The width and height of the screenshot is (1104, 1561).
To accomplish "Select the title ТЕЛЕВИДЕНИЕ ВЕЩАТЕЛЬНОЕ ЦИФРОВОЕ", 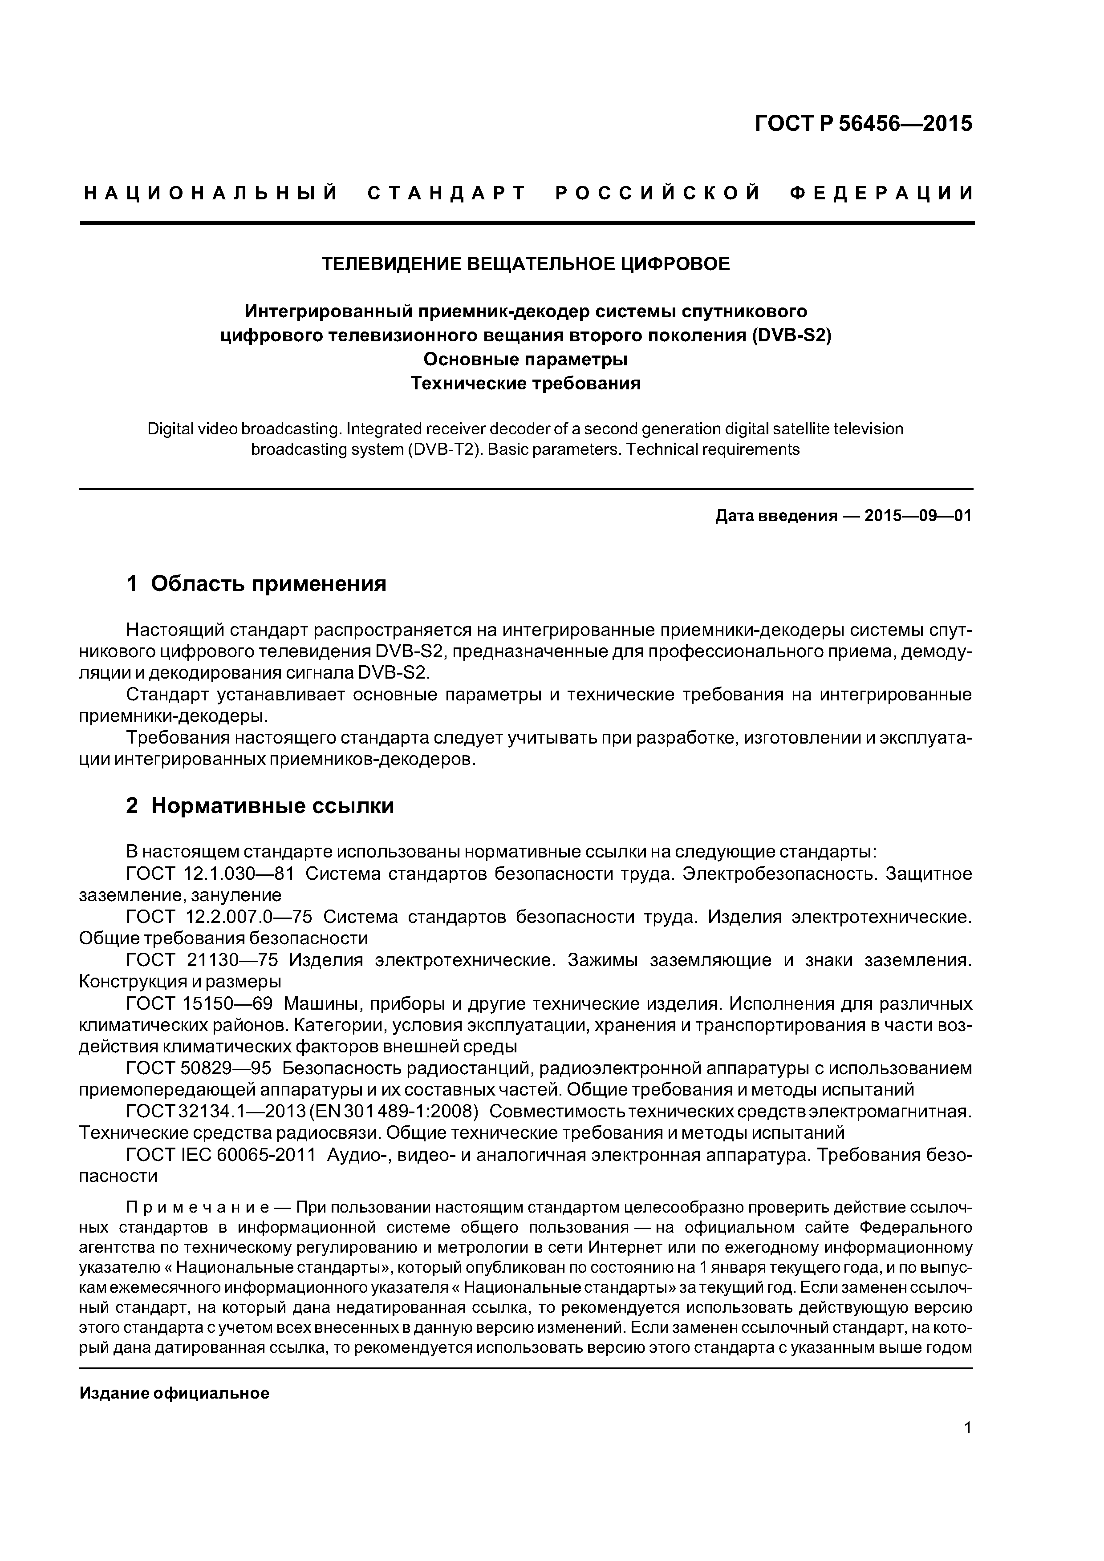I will pos(525,264).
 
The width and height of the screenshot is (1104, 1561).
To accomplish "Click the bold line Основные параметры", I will pos(525,359).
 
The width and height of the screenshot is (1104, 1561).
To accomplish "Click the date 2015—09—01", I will pos(917,516).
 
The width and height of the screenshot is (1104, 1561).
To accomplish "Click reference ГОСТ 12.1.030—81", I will pos(205,874).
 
